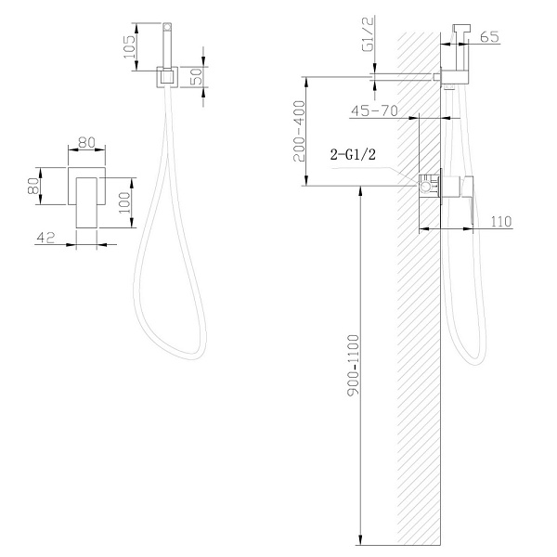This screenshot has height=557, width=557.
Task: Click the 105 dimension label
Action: tap(130, 47)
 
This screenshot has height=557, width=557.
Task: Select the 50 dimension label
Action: tap(196, 76)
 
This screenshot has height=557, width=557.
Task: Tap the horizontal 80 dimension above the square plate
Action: tap(86, 142)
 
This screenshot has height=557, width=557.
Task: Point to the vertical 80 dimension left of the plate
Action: tap(33, 186)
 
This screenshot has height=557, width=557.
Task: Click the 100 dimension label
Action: tap(124, 202)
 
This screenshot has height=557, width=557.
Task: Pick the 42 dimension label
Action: tap(46, 238)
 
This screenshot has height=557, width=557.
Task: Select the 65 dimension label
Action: tap(489, 36)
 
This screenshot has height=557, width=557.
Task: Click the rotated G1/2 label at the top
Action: tap(369, 34)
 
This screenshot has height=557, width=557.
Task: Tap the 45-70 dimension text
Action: tap(374, 111)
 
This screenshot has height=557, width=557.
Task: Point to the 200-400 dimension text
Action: tap(299, 131)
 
